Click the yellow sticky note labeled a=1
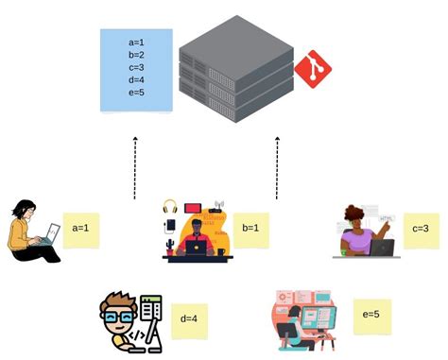(x=80, y=229)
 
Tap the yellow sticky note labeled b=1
(x=251, y=229)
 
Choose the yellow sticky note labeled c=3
(x=422, y=230)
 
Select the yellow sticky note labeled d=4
(x=187, y=318)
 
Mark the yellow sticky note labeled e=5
(x=371, y=314)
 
